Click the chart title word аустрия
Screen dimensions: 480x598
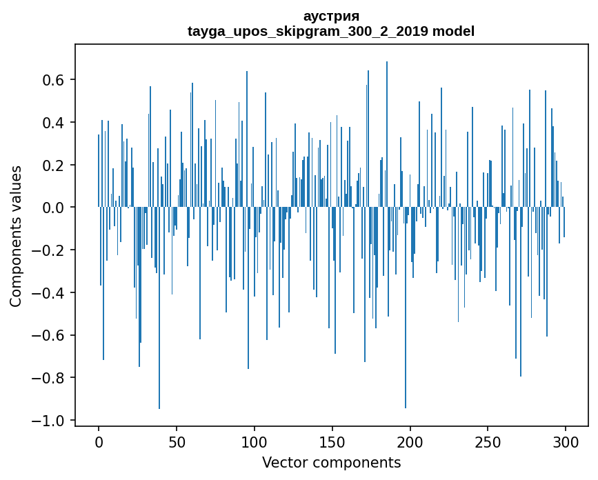coord(331,17)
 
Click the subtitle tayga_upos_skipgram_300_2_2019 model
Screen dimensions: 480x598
coord(331,31)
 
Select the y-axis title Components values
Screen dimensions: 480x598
coord(15,236)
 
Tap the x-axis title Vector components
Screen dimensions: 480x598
coord(331,462)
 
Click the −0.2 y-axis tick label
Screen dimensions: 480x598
coord(49,250)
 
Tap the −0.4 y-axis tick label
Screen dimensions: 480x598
coord(49,293)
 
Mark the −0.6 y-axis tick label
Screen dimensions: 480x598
coord(49,335)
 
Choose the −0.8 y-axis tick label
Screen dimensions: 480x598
coord(49,378)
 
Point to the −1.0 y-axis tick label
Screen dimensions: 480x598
coord(49,421)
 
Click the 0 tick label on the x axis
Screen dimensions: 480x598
coord(99,441)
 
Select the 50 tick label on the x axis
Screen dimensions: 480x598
coord(177,441)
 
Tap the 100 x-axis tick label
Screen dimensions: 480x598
coord(255,441)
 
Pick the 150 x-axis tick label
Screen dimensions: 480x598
coord(332,441)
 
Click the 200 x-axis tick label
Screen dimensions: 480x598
coord(410,441)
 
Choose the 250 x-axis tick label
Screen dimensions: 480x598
coord(488,441)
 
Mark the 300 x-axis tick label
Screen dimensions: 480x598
coord(566,441)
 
